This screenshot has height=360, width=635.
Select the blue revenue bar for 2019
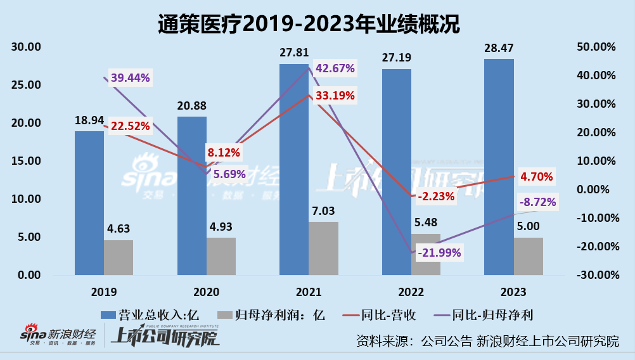coord(89,203)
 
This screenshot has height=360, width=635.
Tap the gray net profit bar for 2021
coord(323,248)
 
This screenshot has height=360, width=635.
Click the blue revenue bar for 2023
coord(499,167)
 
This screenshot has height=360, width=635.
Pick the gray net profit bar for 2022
coord(426,254)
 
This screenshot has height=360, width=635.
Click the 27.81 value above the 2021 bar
coord(294,53)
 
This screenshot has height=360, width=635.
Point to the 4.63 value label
coord(119,229)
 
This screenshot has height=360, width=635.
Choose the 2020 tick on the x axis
coord(206,292)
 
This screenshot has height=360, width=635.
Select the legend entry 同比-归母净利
coord(482,314)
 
